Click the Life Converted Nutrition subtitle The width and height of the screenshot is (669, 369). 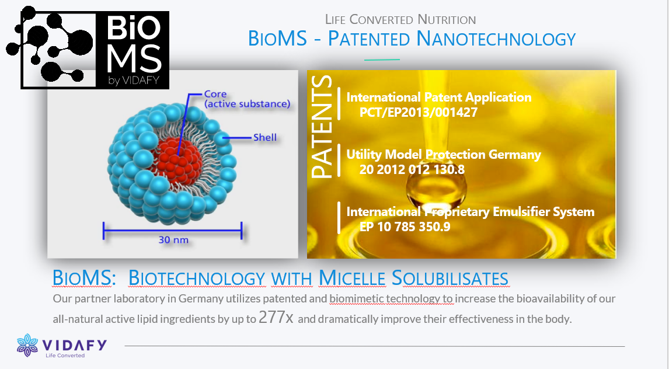coord(400,20)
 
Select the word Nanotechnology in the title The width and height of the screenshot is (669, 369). coord(496,39)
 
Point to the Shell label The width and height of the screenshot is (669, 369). coord(264,138)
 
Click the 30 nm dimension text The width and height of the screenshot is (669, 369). coord(173,239)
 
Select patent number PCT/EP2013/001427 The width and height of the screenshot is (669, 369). coord(419,112)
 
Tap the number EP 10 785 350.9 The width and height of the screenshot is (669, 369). coord(405,227)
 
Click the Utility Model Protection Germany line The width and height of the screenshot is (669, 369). coord(444,155)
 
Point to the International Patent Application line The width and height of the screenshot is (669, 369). coord(439,98)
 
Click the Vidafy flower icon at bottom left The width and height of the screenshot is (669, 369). coord(27,344)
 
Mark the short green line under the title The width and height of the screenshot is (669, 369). coord(382,60)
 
